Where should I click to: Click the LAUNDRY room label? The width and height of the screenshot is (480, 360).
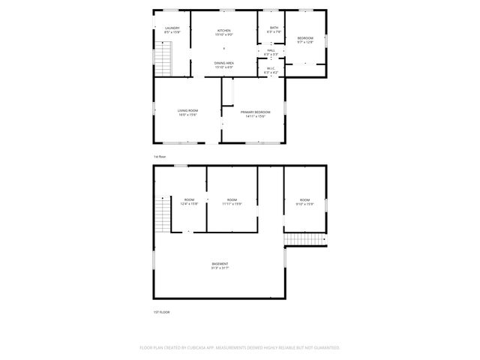[172, 28]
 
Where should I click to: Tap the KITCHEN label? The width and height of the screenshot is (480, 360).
[224, 30]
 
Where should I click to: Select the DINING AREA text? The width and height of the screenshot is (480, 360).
[224, 64]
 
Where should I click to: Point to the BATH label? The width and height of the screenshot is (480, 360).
[274, 28]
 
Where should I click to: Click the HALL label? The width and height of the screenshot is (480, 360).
[271, 51]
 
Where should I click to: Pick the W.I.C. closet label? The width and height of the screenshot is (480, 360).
[271, 68]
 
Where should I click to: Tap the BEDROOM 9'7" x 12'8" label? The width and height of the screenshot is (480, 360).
[305, 38]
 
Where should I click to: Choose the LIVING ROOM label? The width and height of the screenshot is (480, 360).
[187, 111]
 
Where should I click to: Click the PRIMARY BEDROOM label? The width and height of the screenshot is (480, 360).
[256, 112]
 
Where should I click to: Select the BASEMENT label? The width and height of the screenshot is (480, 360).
[220, 264]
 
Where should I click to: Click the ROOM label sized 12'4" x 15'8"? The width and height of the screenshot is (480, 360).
[189, 199]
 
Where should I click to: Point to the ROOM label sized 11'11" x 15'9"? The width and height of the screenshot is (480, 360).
[232, 199]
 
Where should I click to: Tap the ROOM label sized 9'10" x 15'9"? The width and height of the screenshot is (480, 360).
[304, 199]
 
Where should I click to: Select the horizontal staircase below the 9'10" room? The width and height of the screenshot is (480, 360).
[305, 240]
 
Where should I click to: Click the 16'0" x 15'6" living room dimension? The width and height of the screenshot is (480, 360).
[187, 115]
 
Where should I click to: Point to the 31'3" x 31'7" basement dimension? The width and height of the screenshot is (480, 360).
[220, 268]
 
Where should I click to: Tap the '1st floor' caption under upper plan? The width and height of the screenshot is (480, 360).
[160, 156]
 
